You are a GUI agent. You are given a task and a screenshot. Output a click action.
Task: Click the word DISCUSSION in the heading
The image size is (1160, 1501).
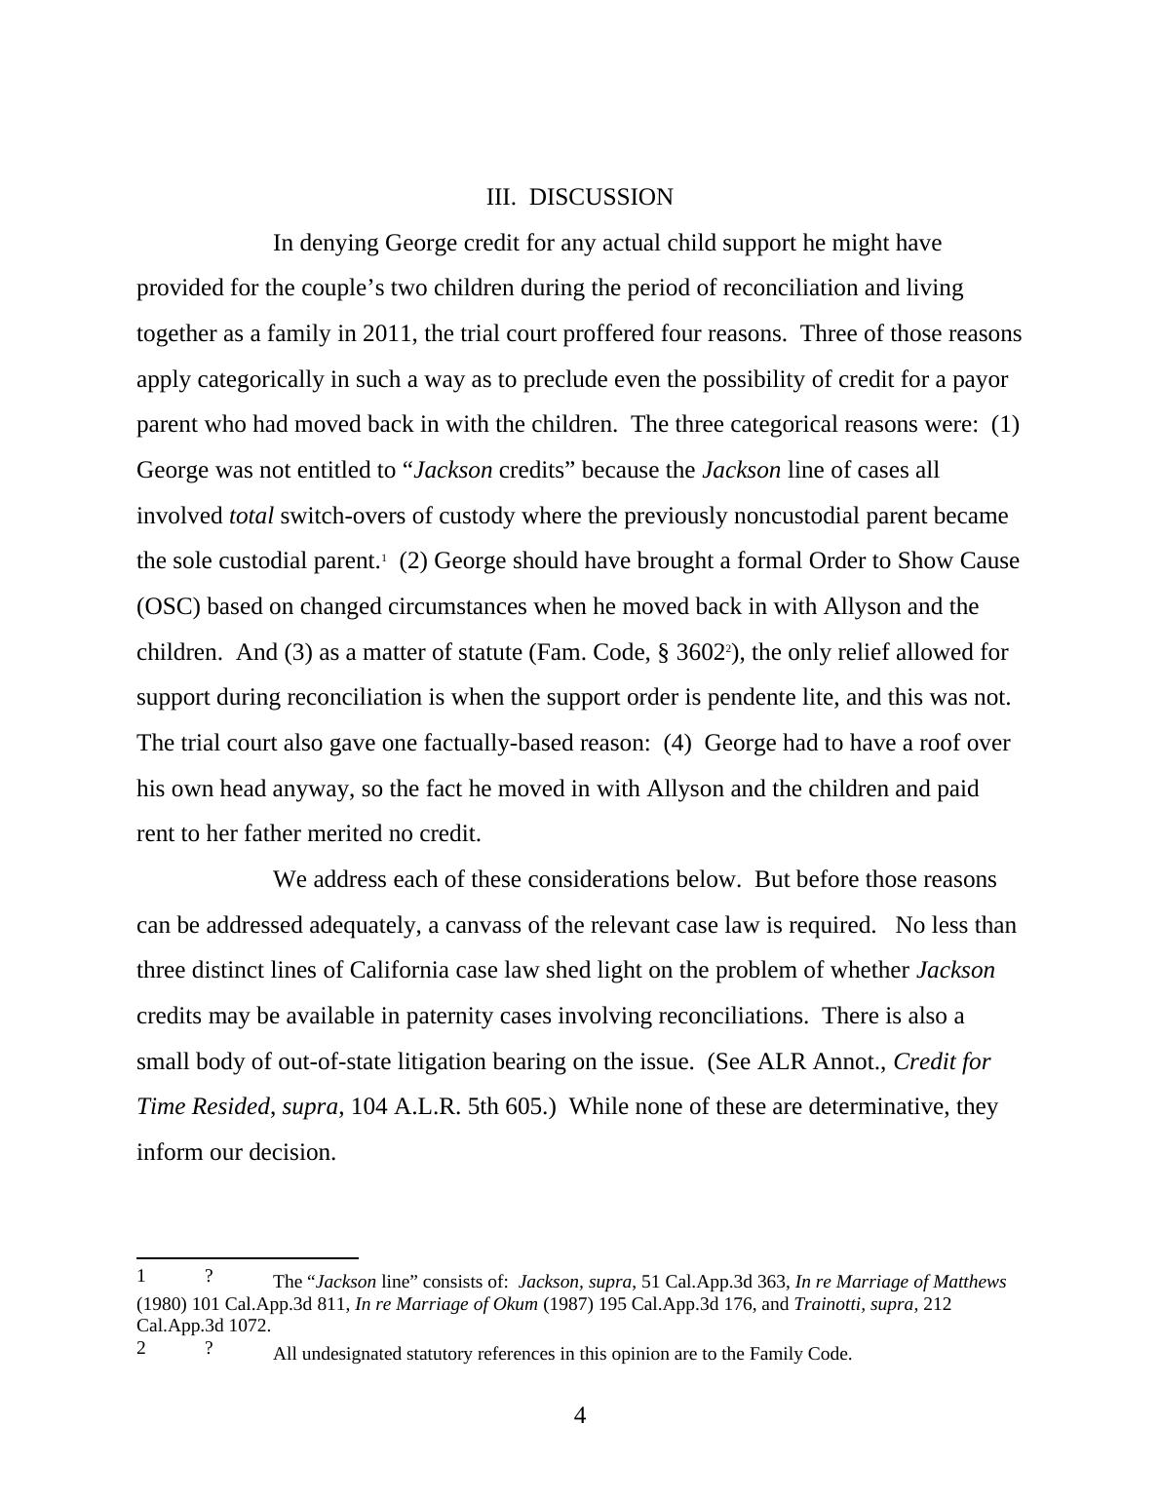(x=600, y=197)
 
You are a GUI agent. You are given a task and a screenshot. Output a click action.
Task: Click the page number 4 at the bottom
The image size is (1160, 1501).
(x=580, y=1416)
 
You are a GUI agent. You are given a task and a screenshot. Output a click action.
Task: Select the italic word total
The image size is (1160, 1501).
(x=251, y=516)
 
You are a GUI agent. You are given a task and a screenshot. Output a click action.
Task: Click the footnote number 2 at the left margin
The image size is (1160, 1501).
(x=141, y=1349)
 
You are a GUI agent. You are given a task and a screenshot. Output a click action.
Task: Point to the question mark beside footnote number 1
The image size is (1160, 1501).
(x=209, y=1277)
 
